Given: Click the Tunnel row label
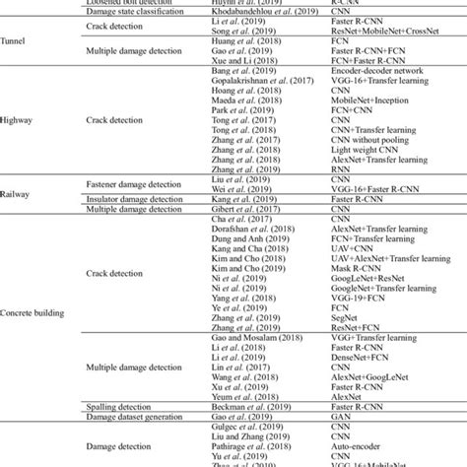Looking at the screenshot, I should [x=15, y=41].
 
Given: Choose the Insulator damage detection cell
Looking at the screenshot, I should [x=131, y=198].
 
